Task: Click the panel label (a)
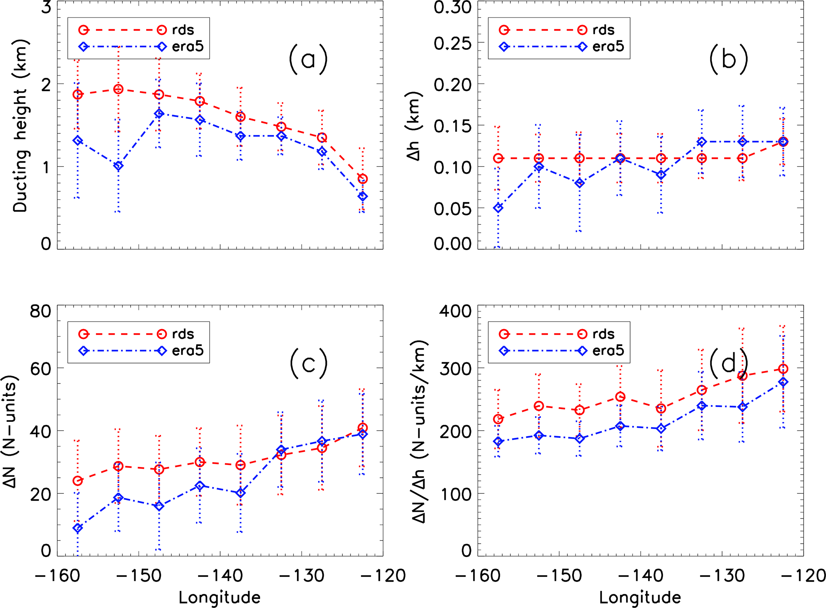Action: coord(308,60)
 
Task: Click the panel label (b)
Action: coord(728,60)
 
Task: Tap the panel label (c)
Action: coord(309,364)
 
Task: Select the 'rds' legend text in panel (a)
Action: coord(183,30)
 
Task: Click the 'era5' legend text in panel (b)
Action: coord(608,47)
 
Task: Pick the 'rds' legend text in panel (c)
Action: coord(183,334)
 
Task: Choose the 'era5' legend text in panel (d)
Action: coord(608,351)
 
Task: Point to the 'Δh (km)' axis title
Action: coord(414,125)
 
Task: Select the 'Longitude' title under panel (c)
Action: coord(219,598)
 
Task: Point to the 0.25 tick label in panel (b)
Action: coord(452,44)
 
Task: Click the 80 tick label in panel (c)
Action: coord(40,311)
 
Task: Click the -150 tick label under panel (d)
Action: coord(559,576)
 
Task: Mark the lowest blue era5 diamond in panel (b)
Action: coord(498,208)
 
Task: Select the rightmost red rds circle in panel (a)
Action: coord(362,179)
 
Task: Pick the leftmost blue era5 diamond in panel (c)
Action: coord(78,528)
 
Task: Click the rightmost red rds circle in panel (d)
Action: coord(783,369)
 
